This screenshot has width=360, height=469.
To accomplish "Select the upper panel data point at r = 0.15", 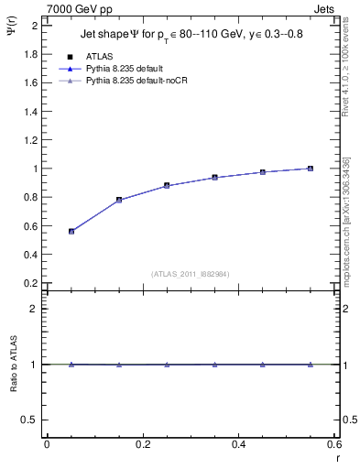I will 119,200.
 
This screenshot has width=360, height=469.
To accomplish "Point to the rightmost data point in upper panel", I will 311,169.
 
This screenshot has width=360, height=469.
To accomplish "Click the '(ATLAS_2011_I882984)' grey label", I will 191,273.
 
